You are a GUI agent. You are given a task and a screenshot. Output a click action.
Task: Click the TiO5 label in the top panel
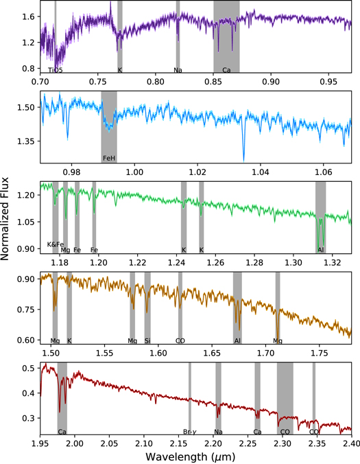pyautogui.click(x=56, y=70)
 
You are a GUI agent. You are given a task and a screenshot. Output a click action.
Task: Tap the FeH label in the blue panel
pyautogui.click(x=109, y=158)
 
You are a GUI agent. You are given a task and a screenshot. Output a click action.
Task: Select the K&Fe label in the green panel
pyautogui.click(x=55, y=244)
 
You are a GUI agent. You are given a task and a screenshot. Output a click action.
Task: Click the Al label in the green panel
pyautogui.click(x=321, y=250)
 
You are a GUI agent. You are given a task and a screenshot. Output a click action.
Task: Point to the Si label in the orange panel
pyautogui.click(x=147, y=340)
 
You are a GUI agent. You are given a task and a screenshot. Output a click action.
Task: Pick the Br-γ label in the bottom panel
pyautogui.click(x=190, y=432)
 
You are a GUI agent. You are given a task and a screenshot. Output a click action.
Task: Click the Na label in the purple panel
pyautogui.click(x=178, y=70)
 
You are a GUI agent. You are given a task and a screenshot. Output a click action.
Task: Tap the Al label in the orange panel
pyautogui.click(x=237, y=340)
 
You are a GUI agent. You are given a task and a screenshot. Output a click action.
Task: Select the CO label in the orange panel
pyautogui.click(x=180, y=340)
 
